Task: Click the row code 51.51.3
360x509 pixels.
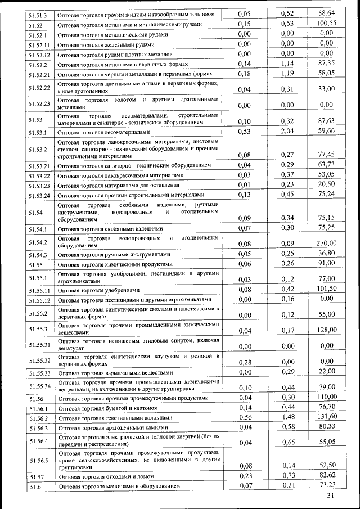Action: pyautogui.click(x=38, y=13)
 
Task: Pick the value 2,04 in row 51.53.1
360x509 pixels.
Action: pyautogui.click(x=288, y=131)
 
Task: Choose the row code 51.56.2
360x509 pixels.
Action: pyautogui.click(x=39, y=418)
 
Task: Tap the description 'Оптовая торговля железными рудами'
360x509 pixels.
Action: pyautogui.click(x=102, y=44)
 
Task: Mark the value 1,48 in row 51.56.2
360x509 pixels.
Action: pyautogui.click(x=288, y=416)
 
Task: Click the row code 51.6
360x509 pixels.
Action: pyautogui.click(x=35, y=486)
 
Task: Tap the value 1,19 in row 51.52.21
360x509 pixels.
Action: pyautogui.click(x=288, y=73)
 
